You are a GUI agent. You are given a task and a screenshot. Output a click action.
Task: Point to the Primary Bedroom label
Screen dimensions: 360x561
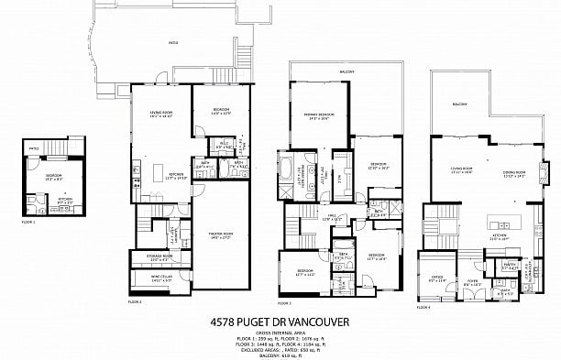(318, 115)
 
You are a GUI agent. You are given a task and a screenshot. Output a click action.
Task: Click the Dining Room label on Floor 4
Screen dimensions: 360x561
(514, 171)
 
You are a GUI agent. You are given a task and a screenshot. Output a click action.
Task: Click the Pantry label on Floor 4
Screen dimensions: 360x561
(509, 263)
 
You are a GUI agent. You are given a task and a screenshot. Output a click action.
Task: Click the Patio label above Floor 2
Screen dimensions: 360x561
(172, 43)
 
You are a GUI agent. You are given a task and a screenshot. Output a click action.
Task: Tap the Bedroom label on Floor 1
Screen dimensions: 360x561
(53, 174)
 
